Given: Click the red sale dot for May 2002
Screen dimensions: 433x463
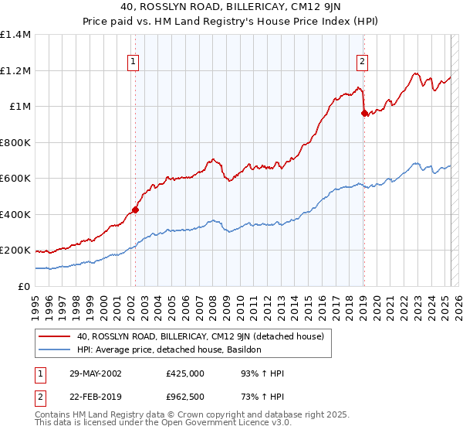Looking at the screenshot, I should pos(135,210).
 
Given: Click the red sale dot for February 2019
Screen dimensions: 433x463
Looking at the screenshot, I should pos(363,114).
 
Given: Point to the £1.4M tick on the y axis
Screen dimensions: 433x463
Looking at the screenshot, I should pos(15,35).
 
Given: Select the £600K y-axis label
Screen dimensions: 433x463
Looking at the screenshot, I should pos(15,179).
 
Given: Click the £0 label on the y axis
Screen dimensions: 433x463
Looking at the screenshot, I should pos(23,286).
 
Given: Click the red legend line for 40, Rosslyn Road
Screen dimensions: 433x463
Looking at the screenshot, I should pos(56,336).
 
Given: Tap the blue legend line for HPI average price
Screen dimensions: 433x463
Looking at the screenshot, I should pos(56,349).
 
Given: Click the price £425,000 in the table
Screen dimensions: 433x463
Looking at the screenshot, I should pos(185,373).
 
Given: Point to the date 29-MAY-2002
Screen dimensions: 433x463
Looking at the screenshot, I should pos(94,373).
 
